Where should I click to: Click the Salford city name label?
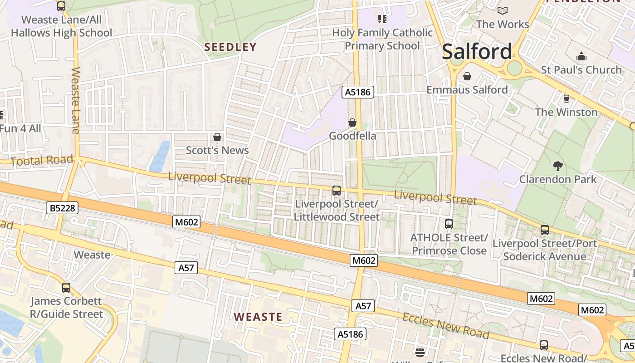point(477,51)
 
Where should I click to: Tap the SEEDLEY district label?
point(230,47)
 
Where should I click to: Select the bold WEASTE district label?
point(258,317)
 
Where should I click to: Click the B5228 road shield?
point(63,208)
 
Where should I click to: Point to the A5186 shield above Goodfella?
point(357,93)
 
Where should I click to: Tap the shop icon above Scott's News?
point(217,137)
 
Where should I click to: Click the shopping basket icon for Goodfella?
point(352,123)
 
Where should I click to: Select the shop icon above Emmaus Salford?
point(467,76)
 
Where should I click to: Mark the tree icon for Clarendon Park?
point(558,166)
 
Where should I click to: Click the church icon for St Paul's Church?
point(581,57)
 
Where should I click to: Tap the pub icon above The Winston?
point(566,98)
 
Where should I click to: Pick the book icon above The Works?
point(502,10)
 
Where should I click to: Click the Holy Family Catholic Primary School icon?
point(382,19)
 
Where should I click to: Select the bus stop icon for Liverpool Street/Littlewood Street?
point(336,191)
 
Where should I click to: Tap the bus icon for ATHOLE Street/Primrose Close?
point(449,224)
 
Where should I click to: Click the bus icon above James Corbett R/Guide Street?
point(66,287)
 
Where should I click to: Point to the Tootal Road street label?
point(41,160)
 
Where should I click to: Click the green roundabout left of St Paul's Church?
point(514,68)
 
